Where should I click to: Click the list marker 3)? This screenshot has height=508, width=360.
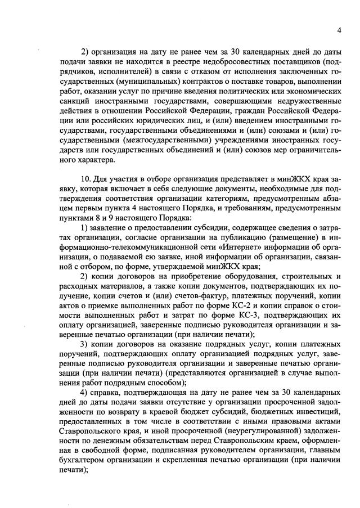(85, 343)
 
